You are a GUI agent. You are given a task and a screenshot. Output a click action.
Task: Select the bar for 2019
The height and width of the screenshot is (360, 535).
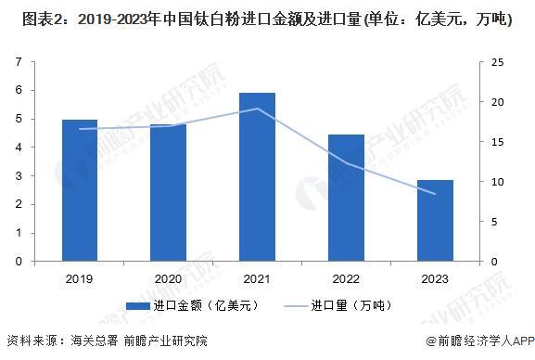pos(80,190)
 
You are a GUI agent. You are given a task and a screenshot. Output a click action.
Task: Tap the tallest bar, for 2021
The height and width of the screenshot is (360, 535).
pos(257,176)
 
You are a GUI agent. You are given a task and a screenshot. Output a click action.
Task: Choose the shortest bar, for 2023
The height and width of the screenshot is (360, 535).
pos(435,220)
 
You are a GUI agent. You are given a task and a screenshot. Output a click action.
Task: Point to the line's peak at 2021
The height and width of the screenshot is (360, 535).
pos(257,109)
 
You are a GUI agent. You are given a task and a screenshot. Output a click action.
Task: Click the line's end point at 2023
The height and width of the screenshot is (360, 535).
pos(435,194)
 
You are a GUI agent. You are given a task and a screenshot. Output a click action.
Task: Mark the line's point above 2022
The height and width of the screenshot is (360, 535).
pos(346,163)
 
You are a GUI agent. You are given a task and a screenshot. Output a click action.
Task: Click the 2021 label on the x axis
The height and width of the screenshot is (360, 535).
pos(257,278)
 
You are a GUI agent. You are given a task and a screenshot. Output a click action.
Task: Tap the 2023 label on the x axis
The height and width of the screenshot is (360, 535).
pos(435,278)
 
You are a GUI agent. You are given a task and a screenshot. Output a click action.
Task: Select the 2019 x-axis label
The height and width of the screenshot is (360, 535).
pos(80,278)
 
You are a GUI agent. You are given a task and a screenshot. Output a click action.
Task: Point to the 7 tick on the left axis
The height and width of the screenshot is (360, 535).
pos(19,62)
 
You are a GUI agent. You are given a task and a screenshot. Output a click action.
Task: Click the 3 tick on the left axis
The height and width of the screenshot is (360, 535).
pos(19,176)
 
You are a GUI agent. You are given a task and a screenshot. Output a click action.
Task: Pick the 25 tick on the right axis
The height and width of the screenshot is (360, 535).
pos(498,62)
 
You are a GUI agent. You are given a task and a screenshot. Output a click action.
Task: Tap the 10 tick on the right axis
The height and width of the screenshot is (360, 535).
pos(498,182)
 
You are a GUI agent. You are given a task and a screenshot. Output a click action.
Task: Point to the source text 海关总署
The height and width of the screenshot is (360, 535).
pos(96,341)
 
